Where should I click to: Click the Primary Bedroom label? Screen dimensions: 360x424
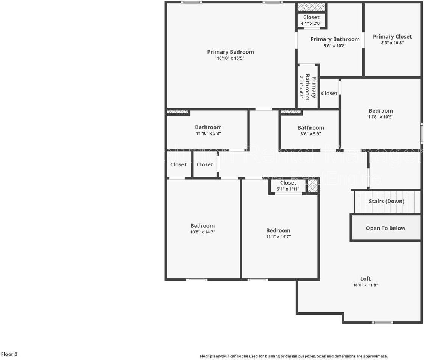(x=230, y=52)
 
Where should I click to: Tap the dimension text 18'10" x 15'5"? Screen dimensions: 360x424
(x=230, y=58)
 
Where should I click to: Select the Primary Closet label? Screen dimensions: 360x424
(x=392, y=36)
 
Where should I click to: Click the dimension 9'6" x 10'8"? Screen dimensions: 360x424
(x=335, y=45)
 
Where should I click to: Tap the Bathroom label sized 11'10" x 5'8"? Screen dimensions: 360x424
(x=208, y=127)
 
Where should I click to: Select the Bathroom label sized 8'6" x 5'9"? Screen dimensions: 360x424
(x=310, y=127)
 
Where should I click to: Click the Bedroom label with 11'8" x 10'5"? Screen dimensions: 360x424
(x=381, y=110)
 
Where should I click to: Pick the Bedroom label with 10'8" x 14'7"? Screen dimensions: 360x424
(x=203, y=225)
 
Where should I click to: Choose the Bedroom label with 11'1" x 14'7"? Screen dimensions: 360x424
(x=278, y=230)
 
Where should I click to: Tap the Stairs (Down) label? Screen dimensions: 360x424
(x=387, y=201)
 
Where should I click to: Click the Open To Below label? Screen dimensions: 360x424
(x=385, y=228)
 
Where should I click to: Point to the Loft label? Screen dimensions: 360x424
(x=365, y=279)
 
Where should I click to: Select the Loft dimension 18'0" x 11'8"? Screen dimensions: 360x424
(x=365, y=285)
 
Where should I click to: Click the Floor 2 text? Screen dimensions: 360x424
(x=9, y=354)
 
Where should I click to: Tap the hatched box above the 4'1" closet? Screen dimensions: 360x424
(x=311, y=7)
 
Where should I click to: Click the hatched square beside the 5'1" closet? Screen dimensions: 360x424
(x=312, y=186)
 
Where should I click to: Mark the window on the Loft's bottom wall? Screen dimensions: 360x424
(x=383, y=323)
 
